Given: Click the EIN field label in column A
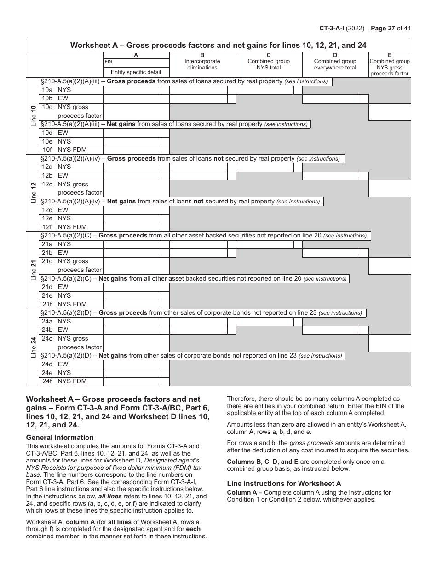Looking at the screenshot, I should pyautogui.click(x=109, y=62).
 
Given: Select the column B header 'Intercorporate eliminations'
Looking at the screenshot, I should pyautogui.click(x=202, y=64).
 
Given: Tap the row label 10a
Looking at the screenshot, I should pyautogui.click(x=47, y=90).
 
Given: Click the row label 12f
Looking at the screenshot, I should pyautogui.click(x=47, y=227).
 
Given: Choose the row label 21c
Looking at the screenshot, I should pyautogui.click(x=47, y=261).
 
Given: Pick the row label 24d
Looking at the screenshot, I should pyautogui.click(x=47, y=364).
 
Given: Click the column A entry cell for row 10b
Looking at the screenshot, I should pyautogui.click(x=132, y=98).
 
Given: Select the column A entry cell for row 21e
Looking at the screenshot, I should pyautogui.click(x=132, y=295).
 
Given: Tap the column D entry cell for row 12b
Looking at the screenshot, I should pyautogui.click(x=331, y=176).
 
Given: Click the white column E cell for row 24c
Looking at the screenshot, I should pyautogui.click(x=390, y=343).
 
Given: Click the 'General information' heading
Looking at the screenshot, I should pyautogui.click(x=60, y=438).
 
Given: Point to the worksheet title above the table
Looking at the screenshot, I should pyautogui.click(x=218, y=45).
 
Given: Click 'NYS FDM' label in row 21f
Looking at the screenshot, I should pyautogui.click(x=72, y=304).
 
